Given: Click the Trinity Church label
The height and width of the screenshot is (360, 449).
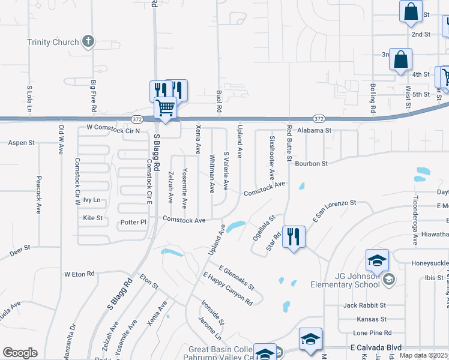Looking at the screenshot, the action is click(53, 42).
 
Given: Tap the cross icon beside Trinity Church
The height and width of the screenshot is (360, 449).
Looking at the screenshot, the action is click(88, 41).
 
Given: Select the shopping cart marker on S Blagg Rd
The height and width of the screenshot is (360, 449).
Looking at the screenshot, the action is click(166, 109).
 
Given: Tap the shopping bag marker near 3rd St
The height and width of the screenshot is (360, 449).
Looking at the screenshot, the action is click(400, 60).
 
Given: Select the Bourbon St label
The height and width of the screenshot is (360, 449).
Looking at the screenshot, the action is click(311, 163).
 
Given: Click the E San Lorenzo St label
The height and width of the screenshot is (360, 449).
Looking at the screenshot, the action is click(334, 211).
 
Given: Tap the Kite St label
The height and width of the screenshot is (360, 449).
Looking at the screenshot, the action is click(93, 218).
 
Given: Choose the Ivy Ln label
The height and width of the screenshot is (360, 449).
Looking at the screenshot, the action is click(91, 200).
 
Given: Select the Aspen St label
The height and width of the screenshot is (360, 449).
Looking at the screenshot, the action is click(22, 143).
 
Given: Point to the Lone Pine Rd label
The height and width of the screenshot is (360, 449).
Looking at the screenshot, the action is click(372, 332).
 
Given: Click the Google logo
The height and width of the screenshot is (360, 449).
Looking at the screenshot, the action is click(20, 353).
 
